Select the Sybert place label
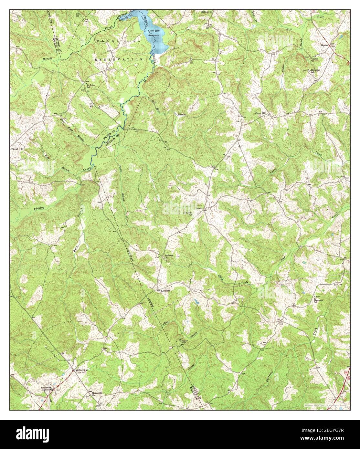click(x=199, y=209)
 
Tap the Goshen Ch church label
click(x=314, y=60)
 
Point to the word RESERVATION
click(x=119, y=60)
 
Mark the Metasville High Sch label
click(x=44, y=389)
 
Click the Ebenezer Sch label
click(x=316, y=71)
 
